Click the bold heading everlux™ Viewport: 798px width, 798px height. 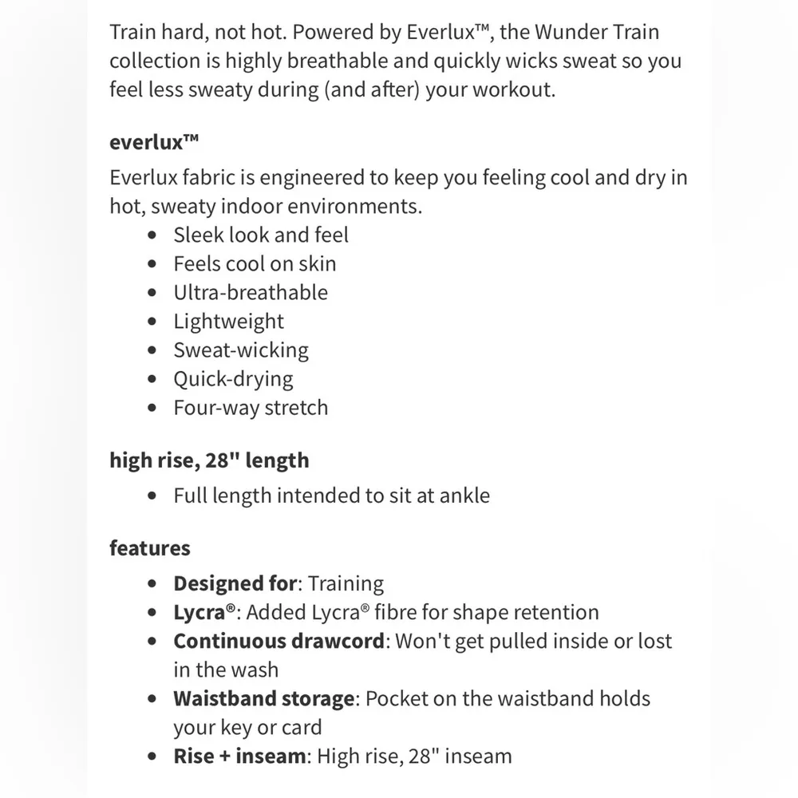(153, 144)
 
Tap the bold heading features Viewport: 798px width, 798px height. (150, 549)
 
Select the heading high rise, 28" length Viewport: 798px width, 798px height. (209, 460)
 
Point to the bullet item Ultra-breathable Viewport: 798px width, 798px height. (251, 293)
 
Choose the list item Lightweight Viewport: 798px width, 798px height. (229, 322)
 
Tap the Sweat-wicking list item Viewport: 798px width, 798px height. (241, 350)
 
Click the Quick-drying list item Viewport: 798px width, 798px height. (234, 379)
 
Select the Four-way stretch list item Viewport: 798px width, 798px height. (251, 408)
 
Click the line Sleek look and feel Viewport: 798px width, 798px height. (261, 235)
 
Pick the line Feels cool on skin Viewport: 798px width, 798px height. (255, 264)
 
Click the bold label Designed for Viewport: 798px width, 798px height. (235, 583)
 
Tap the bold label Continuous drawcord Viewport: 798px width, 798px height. (279, 641)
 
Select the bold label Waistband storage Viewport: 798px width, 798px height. (264, 699)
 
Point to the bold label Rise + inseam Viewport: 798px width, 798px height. (239, 757)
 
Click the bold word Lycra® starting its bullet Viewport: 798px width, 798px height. (206, 613)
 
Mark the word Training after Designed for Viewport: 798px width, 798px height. (346, 584)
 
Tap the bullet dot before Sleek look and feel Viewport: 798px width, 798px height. (153, 236)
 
